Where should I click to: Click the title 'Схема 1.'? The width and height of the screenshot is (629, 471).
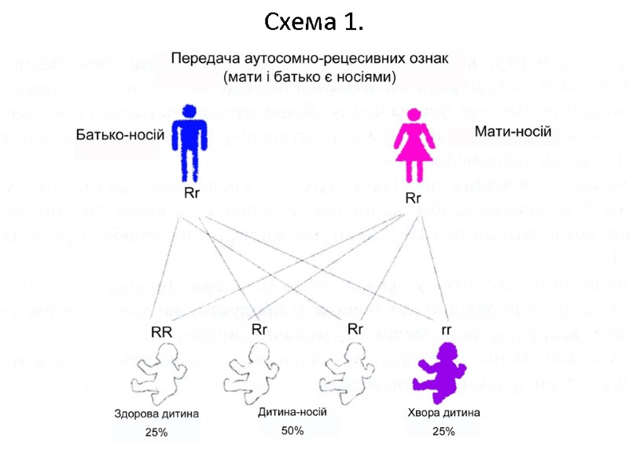314,22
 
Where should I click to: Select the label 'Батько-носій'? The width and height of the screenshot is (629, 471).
120,135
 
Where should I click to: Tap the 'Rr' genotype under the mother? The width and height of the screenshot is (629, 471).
414,199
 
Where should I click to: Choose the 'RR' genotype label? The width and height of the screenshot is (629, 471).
161,332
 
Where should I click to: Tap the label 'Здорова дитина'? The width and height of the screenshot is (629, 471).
156,414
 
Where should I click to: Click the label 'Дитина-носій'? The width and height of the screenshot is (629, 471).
292,412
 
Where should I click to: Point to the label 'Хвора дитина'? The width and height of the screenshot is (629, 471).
443,412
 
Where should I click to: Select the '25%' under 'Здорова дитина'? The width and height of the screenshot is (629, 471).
156,433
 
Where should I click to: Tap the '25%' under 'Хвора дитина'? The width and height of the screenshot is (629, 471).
443,431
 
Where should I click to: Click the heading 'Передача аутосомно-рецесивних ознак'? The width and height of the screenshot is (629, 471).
310,59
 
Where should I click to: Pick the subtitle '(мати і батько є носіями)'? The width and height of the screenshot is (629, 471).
310,77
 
